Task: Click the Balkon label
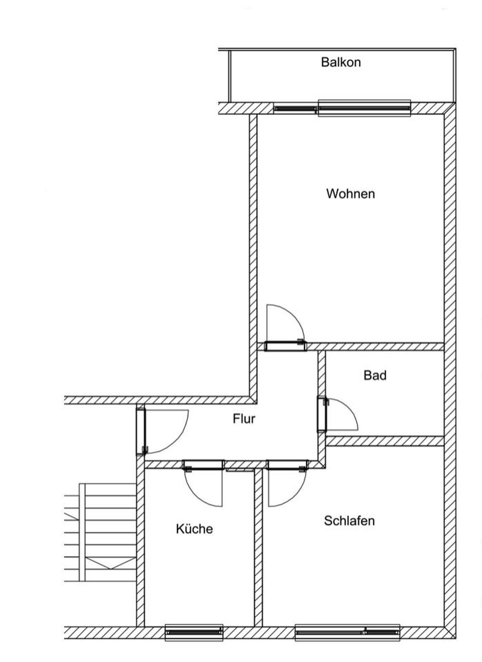pyautogui.click(x=341, y=62)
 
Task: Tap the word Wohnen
pyautogui.click(x=350, y=194)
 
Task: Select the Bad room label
pyautogui.click(x=375, y=375)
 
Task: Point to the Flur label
pyautogui.click(x=244, y=419)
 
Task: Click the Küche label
pyautogui.click(x=194, y=529)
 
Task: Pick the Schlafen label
pyautogui.click(x=349, y=520)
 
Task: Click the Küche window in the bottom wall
pyautogui.click(x=194, y=632)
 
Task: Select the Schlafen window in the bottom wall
pyautogui.click(x=347, y=632)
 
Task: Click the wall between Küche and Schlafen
pyautogui.click(x=258, y=547)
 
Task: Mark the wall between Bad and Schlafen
pyautogui.click(x=385, y=441)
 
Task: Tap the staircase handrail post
pyautogui.click(x=82, y=532)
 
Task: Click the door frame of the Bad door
pyautogui.click(x=322, y=414)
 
